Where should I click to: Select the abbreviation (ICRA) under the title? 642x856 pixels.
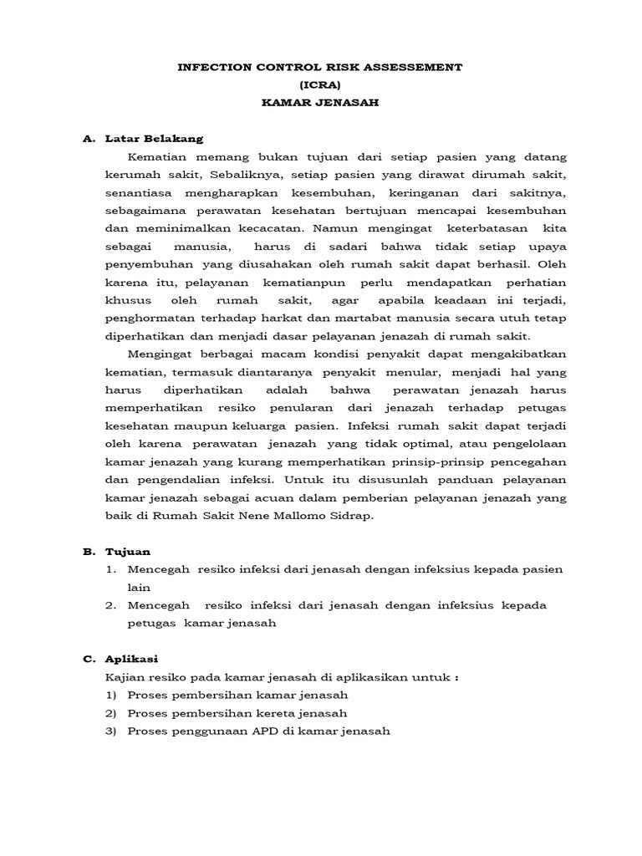pos(320,84)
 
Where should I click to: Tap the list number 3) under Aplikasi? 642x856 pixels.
pos(110,732)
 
